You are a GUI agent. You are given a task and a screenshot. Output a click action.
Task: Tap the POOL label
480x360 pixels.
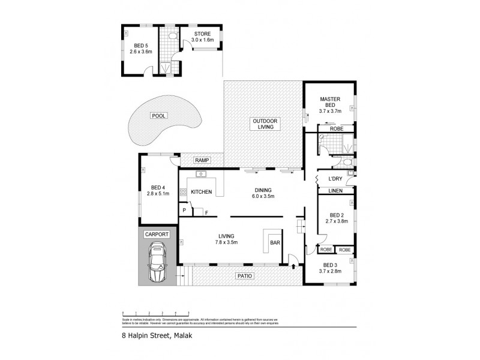(x=160, y=115)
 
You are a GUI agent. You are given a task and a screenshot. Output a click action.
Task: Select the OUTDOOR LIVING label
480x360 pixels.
(x=263, y=124)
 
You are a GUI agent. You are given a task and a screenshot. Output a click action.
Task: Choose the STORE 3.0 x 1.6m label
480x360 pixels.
(x=202, y=37)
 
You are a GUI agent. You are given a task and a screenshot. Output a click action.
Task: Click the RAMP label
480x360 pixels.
(x=202, y=160)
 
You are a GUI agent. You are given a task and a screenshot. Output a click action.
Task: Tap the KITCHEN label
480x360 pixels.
(x=202, y=192)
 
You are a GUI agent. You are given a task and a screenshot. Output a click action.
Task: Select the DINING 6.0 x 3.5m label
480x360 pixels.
(x=262, y=193)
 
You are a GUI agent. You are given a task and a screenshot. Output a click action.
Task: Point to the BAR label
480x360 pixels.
(x=275, y=243)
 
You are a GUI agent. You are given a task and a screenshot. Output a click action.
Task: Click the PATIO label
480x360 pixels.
(x=245, y=276)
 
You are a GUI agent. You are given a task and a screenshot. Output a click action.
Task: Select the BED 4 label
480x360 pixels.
(x=158, y=190)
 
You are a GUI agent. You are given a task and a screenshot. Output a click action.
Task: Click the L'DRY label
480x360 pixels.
(x=335, y=179)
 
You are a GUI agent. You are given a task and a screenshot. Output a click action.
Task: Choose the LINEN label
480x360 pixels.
(x=335, y=191)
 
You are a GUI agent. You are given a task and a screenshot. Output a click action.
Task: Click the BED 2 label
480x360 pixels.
(x=335, y=217)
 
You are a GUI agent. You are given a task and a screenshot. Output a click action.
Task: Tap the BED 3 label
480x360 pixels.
(x=331, y=267)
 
